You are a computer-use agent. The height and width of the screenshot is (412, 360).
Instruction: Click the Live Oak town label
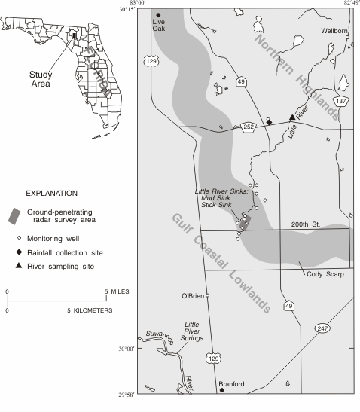click(x=158, y=26)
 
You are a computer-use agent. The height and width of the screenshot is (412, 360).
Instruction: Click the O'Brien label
click(x=192, y=295)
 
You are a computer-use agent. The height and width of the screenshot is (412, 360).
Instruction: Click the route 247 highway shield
click(x=322, y=329)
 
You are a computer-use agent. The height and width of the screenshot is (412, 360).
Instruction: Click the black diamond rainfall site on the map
click(x=269, y=121)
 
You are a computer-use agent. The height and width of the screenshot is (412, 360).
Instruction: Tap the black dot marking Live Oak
click(x=158, y=15)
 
